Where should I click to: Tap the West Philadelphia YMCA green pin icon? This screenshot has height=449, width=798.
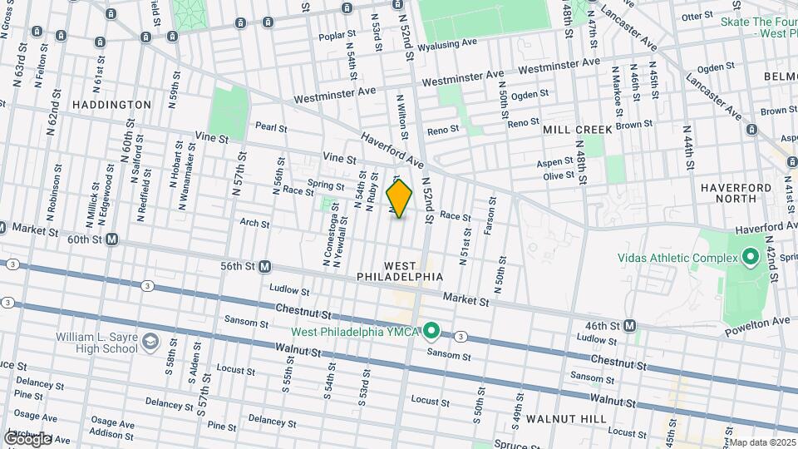431,332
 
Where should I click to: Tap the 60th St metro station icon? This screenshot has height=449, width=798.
111,239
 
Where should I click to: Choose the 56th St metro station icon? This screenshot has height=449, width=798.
264,266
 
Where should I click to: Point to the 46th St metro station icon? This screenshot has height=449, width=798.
630,326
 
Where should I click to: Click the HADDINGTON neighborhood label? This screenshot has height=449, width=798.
111,105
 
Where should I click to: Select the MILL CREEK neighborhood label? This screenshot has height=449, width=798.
577,130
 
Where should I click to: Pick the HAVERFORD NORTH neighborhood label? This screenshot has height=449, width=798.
736,194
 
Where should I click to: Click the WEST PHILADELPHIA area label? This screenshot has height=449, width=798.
399,269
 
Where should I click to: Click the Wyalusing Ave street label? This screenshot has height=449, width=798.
447,43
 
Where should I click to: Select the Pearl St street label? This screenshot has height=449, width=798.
271,128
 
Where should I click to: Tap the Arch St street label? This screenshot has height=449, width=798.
254,224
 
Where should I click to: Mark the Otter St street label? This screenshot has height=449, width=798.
697,16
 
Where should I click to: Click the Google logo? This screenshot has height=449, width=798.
27,438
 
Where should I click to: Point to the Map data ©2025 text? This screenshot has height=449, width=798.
762,442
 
